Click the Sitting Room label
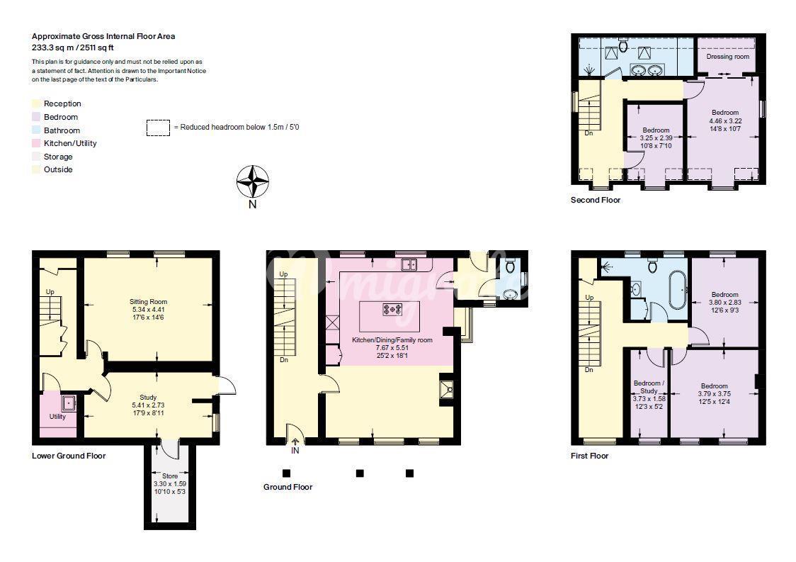pyautogui.click(x=148, y=301)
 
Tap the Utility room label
pyautogui.click(x=57, y=416)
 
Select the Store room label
pyautogui.click(x=170, y=476)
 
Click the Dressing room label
pyautogui.click(x=727, y=57)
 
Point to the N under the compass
pyautogui.click(x=252, y=204)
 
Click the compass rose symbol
pyautogui.click(x=252, y=181)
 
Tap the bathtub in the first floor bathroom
pyautogui.click(x=678, y=290)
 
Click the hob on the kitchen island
pyautogui.click(x=392, y=309)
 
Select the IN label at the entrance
pyautogui.click(x=295, y=451)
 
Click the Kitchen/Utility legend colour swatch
pyautogui.click(x=36, y=143)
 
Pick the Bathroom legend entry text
pyautogui.click(x=62, y=130)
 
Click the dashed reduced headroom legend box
pyautogui.click(x=158, y=128)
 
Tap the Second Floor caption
pyautogui.click(x=596, y=200)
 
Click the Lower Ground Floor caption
pyautogui.click(x=69, y=456)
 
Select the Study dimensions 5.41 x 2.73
pyautogui.click(x=148, y=405)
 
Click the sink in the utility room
pyautogui.click(x=69, y=403)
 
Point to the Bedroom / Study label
pyautogui.click(x=649, y=387)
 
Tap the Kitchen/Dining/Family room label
pyautogui.click(x=392, y=340)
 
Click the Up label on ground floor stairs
pyautogui.click(x=283, y=274)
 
